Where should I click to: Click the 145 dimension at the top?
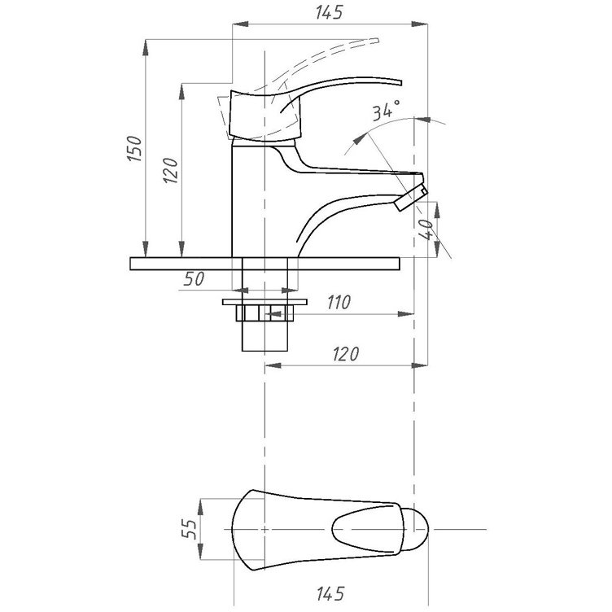tap(329, 12)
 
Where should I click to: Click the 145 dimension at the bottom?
tap(330, 594)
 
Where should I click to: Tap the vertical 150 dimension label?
tap(134, 149)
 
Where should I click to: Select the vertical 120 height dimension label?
tap(171, 171)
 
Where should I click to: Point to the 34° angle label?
tap(386, 110)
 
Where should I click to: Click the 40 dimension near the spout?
tap(426, 229)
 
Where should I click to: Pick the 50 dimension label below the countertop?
tap(194, 279)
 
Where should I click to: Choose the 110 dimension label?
tap(339, 302)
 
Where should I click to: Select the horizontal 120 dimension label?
tap(346, 354)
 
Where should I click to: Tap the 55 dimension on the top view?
tap(190, 529)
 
